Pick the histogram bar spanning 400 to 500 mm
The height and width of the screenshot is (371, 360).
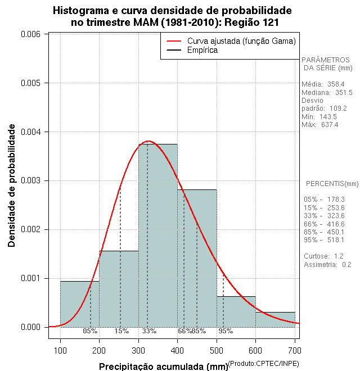[x=197, y=259]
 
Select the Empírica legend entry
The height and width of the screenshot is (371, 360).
[x=202, y=51]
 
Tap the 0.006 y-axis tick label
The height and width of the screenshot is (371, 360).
[x=30, y=34]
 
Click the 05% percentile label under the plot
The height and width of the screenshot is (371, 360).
[x=90, y=331]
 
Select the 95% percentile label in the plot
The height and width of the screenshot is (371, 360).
[x=226, y=331]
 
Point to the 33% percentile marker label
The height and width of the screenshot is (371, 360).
[x=149, y=331]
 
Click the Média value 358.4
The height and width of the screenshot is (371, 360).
[x=335, y=84]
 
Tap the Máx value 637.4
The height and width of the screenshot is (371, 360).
[x=330, y=125]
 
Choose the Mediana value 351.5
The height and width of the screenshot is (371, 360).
[x=342, y=93]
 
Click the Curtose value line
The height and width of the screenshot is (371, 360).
[x=323, y=256]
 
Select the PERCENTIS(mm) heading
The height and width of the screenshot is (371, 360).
[x=332, y=184]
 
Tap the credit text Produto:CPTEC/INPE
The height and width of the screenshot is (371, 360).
[x=264, y=364]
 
